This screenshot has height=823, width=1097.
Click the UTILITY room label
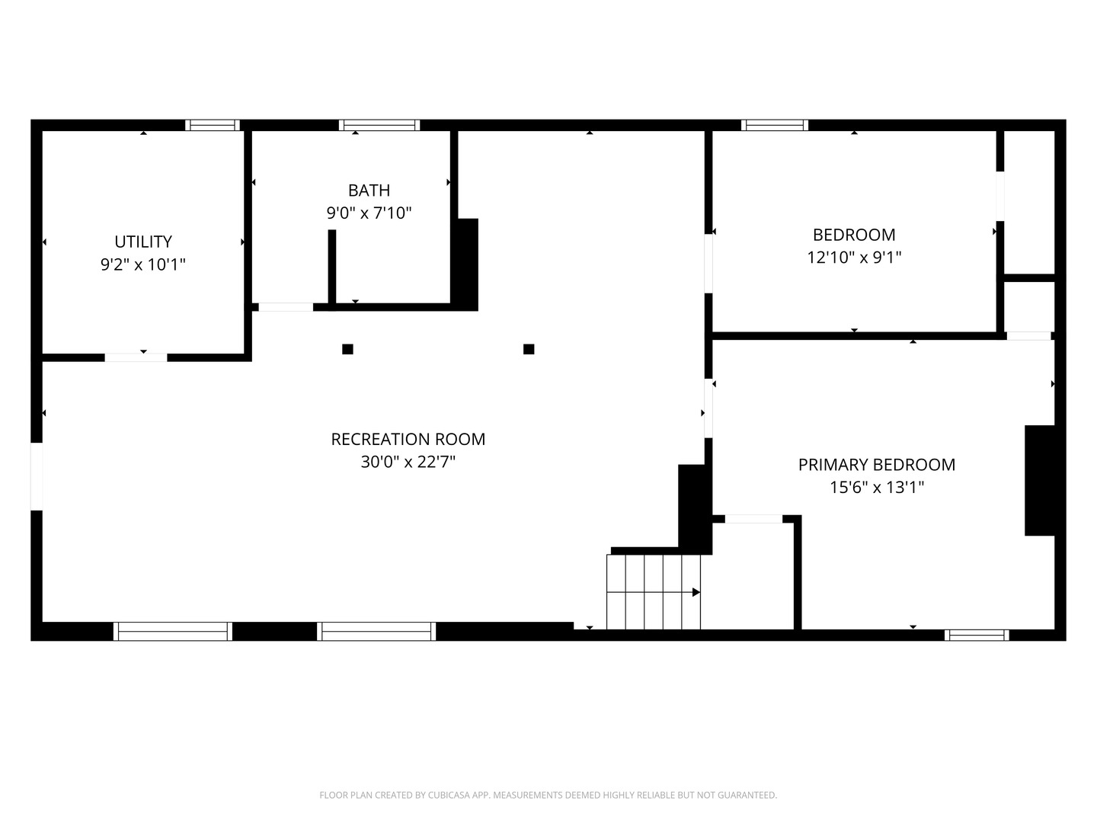click(x=143, y=242)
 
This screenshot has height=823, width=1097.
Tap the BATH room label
click(x=369, y=191)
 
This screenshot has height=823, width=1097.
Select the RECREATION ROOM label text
click(x=408, y=439)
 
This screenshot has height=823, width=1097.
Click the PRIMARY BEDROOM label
click(x=877, y=465)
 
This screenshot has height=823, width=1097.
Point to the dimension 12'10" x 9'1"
click(x=854, y=258)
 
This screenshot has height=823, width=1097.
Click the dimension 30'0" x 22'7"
click(x=408, y=462)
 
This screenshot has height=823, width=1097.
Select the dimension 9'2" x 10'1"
click(x=143, y=264)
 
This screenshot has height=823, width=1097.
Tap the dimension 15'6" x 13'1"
click(x=877, y=487)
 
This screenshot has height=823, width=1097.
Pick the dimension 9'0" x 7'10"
click(x=369, y=213)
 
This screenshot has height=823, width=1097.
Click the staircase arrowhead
click(x=696, y=592)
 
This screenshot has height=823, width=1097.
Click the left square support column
click(x=348, y=349)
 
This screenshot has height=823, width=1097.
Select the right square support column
click(x=529, y=349)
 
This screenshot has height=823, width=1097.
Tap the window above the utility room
click(x=213, y=125)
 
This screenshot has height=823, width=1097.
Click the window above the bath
click(x=379, y=125)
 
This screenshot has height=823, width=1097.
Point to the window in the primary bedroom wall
click(x=977, y=635)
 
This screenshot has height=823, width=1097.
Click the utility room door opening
click(x=136, y=357)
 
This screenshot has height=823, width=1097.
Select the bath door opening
click(x=286, y=307)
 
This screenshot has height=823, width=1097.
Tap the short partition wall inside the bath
click(x=332, y=267)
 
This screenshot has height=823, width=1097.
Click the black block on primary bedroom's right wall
click(x=1040, y=481)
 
